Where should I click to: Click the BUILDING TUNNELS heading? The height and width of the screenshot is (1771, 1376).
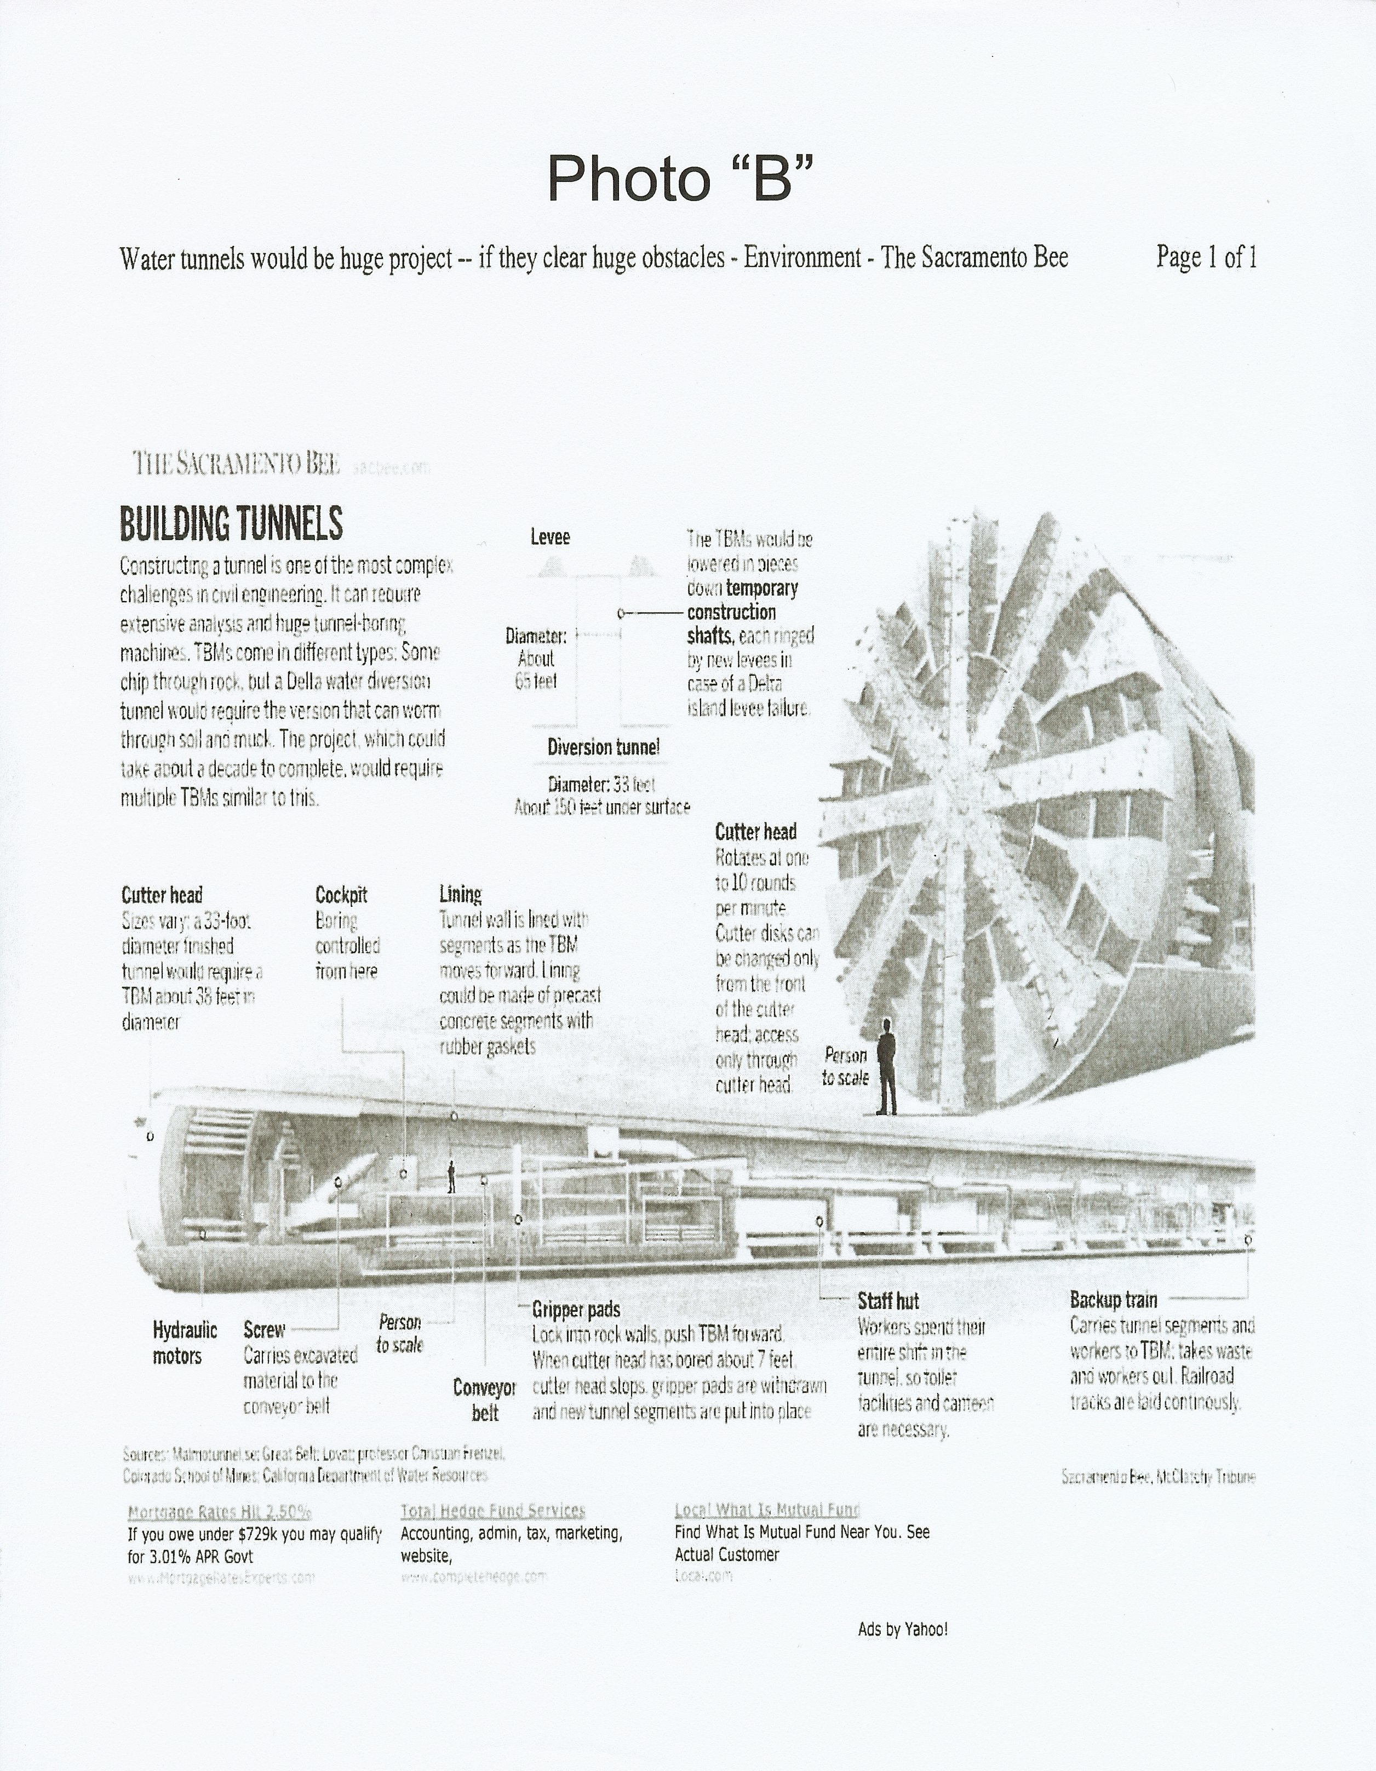coord(231,523)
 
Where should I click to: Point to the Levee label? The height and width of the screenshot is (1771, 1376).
coord(550,537)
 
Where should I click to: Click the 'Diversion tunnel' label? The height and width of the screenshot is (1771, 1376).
coord(603,747)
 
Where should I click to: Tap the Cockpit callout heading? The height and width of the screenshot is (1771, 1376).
coord(341,895)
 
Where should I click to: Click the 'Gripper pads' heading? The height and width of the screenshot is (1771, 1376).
coord(576,1309)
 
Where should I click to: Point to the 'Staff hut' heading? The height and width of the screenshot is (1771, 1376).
coord(888,1301)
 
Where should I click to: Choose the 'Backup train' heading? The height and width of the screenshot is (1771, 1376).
coord(1113,1300)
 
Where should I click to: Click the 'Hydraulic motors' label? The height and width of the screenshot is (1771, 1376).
coord(185,1343)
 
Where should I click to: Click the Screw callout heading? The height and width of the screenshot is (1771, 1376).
coord(265,1330)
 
